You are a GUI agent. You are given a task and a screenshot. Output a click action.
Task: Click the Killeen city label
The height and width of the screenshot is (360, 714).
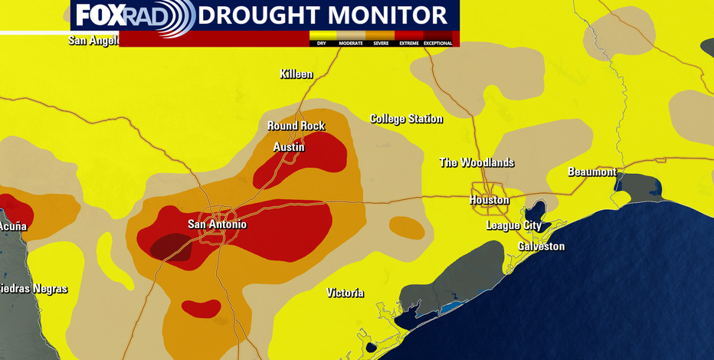click(296, 74)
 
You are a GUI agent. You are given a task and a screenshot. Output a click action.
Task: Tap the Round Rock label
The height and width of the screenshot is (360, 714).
click(296, 126)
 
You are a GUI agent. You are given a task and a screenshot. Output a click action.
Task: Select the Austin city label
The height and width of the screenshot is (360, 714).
click(289, 146)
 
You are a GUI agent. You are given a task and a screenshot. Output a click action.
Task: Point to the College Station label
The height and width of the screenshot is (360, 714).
click(406, 119)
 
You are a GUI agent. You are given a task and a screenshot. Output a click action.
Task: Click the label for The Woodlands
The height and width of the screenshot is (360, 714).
click(476, 162)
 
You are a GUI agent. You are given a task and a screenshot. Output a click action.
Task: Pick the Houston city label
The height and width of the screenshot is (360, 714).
click(489, 200)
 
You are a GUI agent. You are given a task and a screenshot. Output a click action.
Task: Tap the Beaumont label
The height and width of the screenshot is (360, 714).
click(591, 172)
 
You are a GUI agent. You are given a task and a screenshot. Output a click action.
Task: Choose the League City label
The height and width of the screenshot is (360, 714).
click(513, 225)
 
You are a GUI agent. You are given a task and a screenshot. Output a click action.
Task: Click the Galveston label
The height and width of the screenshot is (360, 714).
click(541, 246)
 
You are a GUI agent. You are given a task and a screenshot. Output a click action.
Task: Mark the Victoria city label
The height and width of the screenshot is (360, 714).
click(345, 293)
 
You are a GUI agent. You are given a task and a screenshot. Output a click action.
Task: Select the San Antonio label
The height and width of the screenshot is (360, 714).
click(218, 224)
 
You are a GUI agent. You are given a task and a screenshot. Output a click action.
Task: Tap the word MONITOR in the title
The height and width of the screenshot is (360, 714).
click(395, 15)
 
